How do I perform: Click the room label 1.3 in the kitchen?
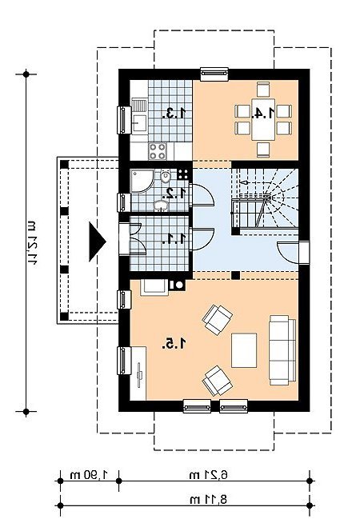pos(174,113)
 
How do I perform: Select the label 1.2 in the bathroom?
pos(174,194)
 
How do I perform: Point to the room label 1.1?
pos(174,238)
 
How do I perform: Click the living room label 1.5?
pos(174,344)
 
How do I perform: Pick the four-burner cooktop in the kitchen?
pos(158,151)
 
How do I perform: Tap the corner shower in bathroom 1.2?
pos(142,181)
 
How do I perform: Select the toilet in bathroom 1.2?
pos(166,176)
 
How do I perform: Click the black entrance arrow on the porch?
pos(97,242)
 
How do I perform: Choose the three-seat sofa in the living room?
pos(282,350)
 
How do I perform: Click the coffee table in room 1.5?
pos(244,350)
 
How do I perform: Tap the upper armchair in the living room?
pos(217,320)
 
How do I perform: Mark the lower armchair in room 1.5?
pos(217,381)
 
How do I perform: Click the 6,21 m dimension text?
pos(209,475)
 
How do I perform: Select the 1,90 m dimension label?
pos(89,475)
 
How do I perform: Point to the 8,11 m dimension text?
pos(209,499)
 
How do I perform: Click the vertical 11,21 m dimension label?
pos(31,242)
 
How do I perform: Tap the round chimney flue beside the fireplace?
pos(178,285)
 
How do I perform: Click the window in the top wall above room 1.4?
pos(214,74)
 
